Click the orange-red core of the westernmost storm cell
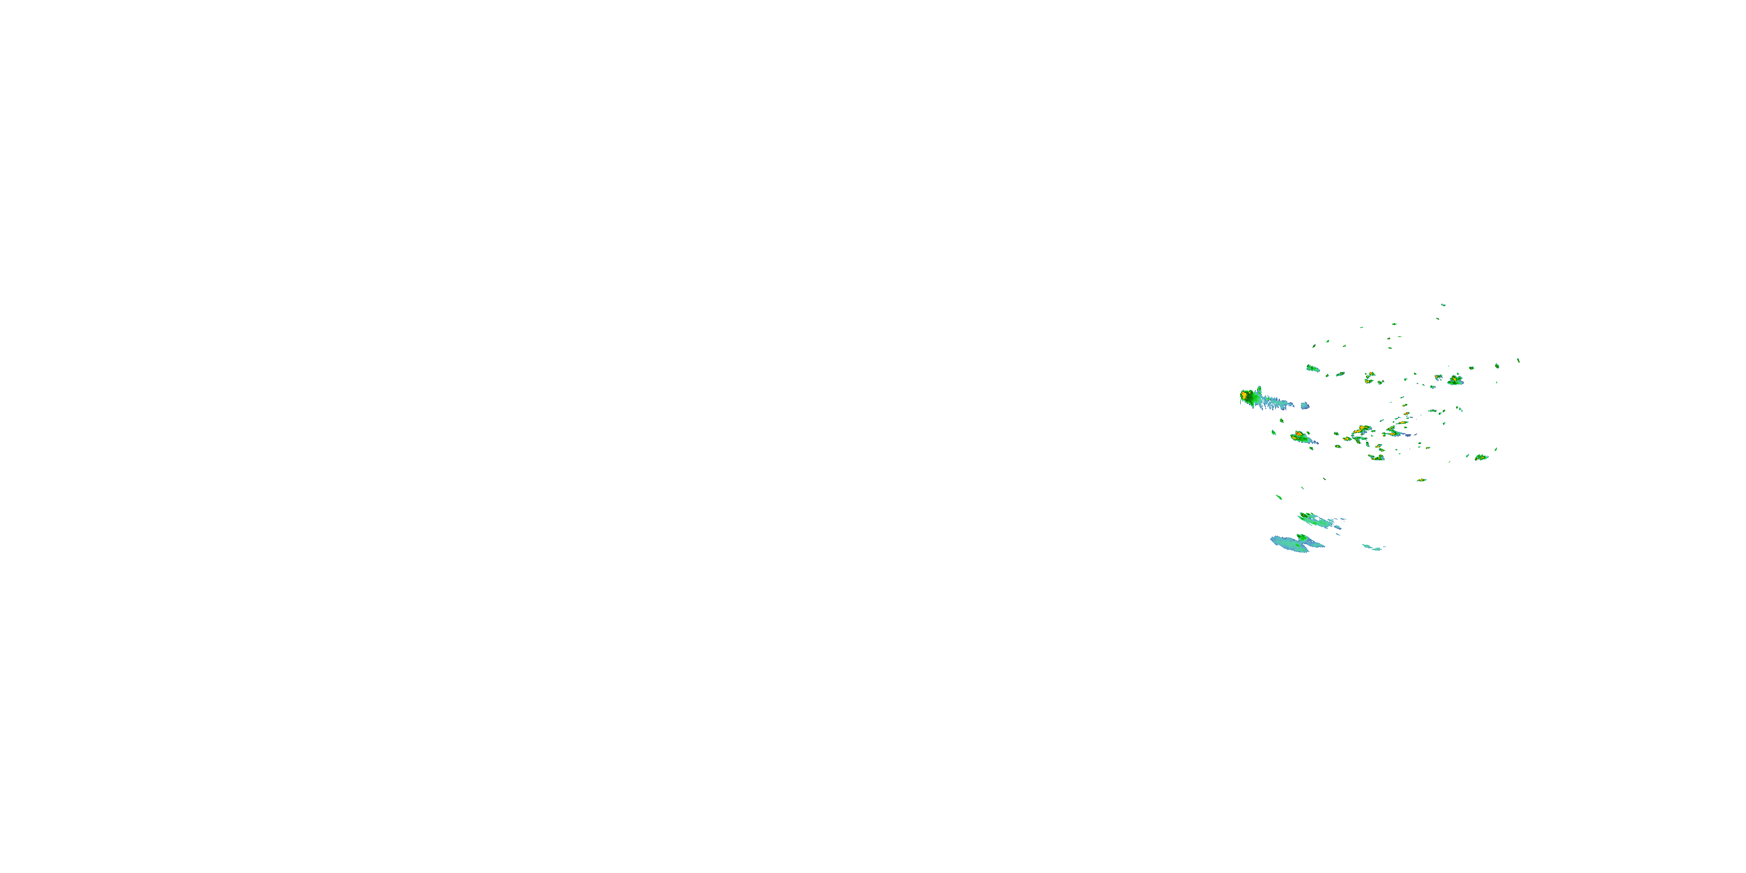click(1244, 395)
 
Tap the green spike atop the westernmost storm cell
click(1259, 390)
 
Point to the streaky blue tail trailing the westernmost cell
click(1277, 404)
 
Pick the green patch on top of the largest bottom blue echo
click(1301, 538)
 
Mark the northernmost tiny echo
click(1443, 305)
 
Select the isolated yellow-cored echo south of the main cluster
click(1421, 480)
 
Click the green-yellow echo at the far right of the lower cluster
click(1482, 457)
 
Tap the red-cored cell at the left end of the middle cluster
click(1300, 436)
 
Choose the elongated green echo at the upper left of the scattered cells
click(1313, 368)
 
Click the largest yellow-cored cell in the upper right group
click(1454, 380)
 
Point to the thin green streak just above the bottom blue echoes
click(1279, 498)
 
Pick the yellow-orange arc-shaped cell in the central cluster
click(1361, 430)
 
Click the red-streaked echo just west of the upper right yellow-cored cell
click(1438, 377)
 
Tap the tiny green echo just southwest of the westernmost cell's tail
click(1273, 432)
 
